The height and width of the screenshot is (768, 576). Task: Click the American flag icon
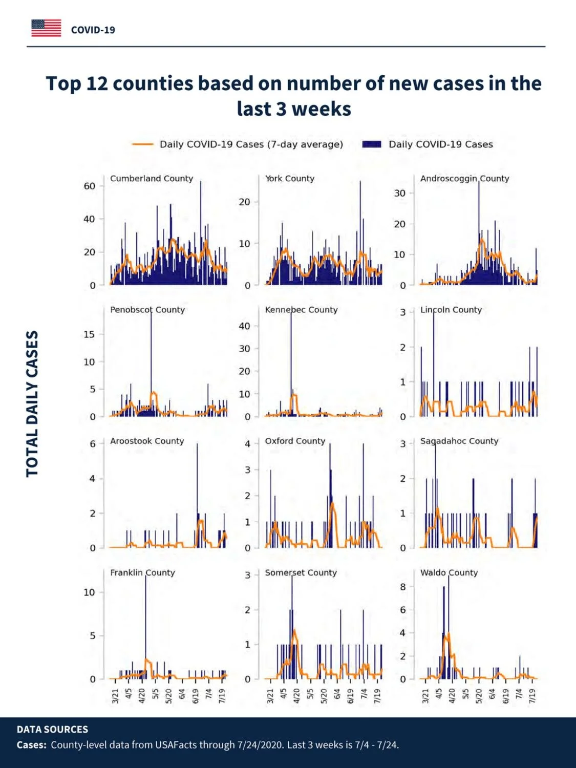tap(46, 28)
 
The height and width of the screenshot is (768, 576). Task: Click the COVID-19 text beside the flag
tap(93, 30)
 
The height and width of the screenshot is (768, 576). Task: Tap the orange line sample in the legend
tap(143, 144)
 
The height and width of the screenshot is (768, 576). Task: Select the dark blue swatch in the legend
tap(371, 144)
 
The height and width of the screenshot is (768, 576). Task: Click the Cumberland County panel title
tap(152, 179)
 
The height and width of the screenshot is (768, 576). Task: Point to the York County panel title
tap(290, 179)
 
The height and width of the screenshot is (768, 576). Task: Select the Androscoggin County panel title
tap(464, 179)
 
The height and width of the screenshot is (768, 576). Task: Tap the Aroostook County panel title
tap(147, 441)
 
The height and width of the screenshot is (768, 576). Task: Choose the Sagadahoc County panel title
tap(459, 441)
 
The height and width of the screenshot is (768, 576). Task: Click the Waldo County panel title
tap(449, 572)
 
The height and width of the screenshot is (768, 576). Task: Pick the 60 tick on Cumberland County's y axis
tap(90, 186)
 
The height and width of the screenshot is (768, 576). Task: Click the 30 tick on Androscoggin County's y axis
tap(400, 193)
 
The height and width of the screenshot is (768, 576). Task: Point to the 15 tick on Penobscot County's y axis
tap(90, 334)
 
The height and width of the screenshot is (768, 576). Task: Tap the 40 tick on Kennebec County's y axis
tap(244, 326)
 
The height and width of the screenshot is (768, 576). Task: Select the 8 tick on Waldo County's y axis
tap(403, 587)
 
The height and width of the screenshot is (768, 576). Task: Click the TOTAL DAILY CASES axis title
tap(32, 403)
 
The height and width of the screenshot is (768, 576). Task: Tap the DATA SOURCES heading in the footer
tap(52, 729)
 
